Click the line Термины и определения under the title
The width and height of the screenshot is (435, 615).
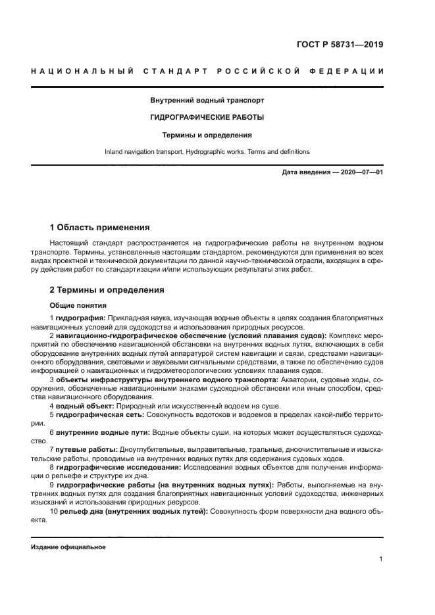click(x=207, y=135)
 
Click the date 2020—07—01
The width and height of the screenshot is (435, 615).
click(x=361, y=172)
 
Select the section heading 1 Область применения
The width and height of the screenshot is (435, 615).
click(x=99, y=228)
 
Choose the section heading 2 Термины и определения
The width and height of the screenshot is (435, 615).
click(x=107, y=289)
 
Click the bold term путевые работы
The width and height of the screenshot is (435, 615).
click(x=87, y=449)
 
